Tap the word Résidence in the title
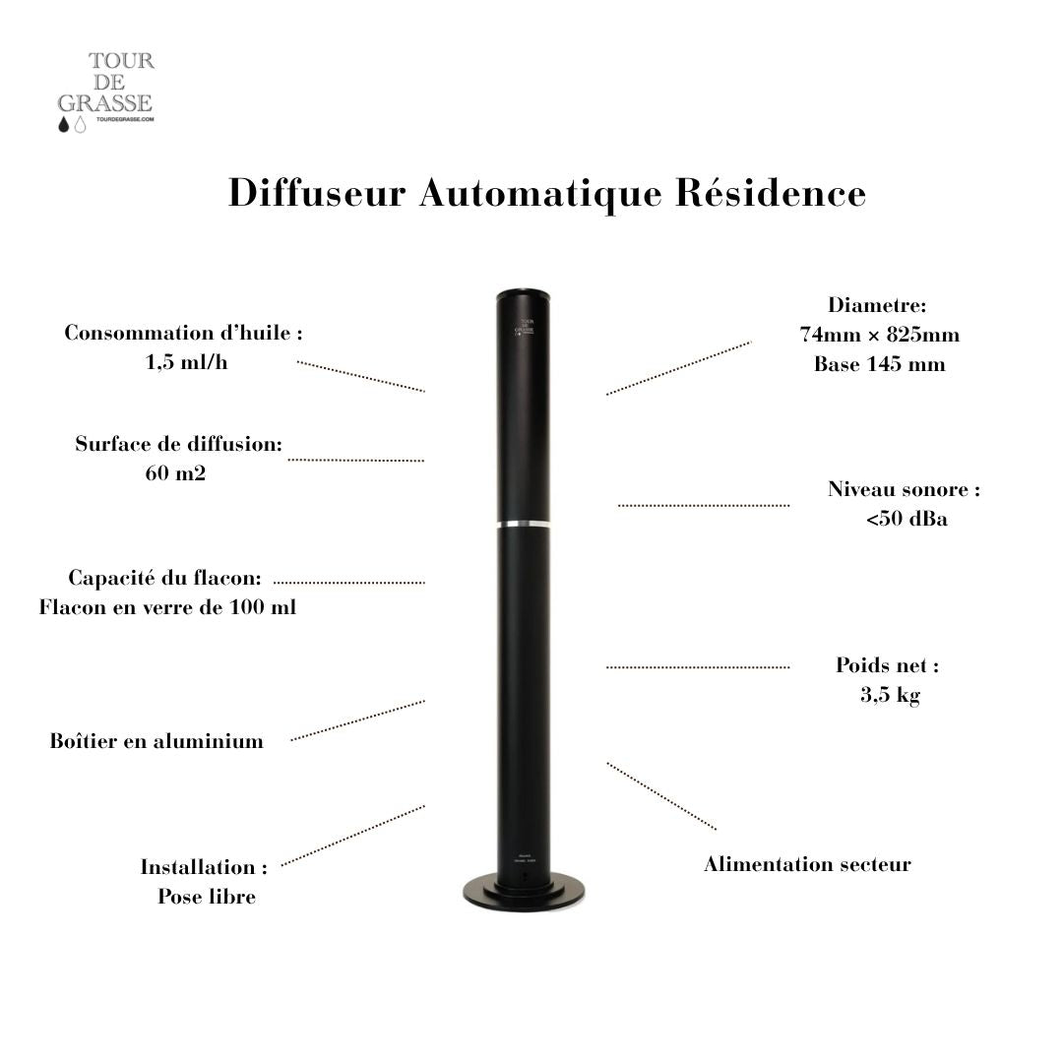tap(771, 192)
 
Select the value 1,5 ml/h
tap(186, 362)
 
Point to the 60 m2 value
tap(175, 473)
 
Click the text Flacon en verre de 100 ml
tap(167, 607)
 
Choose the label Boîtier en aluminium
tap(156, 741)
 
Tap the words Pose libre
tap(207, 897)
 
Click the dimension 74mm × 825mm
tap(879, 335)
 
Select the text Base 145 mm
tap(879, 364)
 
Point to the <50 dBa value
tap(907, 519)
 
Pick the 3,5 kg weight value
tap(890, 695)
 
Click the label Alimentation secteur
tap(807, 864)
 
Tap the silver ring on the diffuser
tap(523, 524)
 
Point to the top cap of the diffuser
tap(523, 292)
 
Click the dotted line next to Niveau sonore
tap(703, 505)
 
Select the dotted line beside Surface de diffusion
tap(355, 460)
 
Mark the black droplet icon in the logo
tap(65, 125)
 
